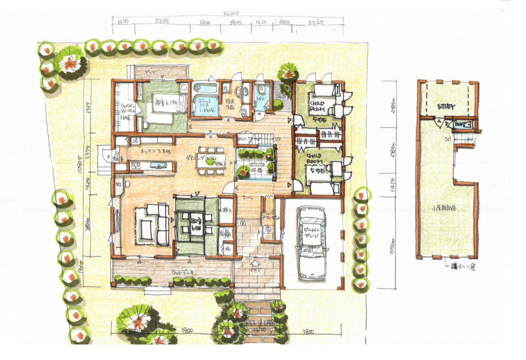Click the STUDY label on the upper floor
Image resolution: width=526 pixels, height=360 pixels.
click(446, 107)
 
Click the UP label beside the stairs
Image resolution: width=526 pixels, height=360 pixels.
click(278, 139)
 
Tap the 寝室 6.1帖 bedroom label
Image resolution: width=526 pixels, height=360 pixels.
click(166, 102)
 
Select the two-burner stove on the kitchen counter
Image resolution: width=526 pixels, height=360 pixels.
click(135, 165)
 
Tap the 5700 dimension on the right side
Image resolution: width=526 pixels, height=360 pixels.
click(393, 246)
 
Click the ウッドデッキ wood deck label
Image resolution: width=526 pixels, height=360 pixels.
click(183, 272)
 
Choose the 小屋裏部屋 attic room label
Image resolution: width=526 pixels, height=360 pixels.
click(444, 208)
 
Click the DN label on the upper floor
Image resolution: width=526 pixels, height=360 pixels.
click(448, 140)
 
